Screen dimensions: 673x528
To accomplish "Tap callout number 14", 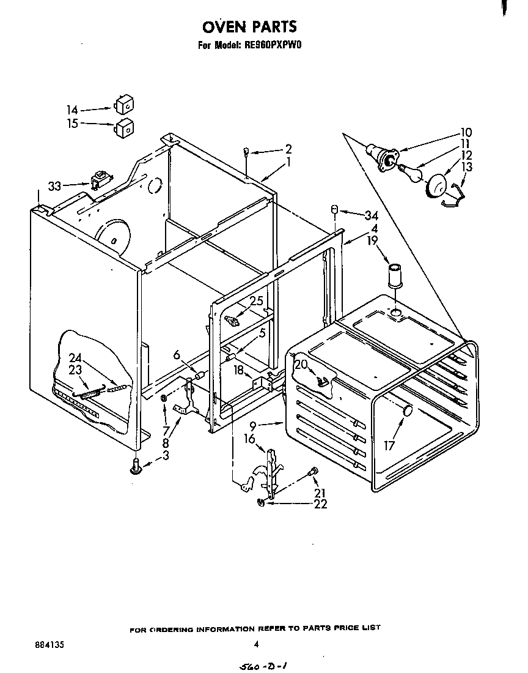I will pyautogui.click(x=73, y=110).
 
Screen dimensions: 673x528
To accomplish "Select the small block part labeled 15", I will pyautogui.click(x=124, y=128).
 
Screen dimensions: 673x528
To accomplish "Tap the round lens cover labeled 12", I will pyautogui.click(x=437, y=186).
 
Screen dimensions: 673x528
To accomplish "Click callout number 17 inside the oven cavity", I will pyautogui.click(x=389, y=446).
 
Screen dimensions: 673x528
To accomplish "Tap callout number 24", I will pyautogui.click(x=75, y=357).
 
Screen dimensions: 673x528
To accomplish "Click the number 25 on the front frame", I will pyautogui.click(x=257, y=300).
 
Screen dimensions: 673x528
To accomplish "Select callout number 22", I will pyautogui.click(x=320, y=504).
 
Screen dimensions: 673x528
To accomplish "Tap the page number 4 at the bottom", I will pyautogui.click(x=257, y=644).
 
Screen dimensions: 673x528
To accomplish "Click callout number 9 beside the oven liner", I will pyautogui.click(x=252, y=424).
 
